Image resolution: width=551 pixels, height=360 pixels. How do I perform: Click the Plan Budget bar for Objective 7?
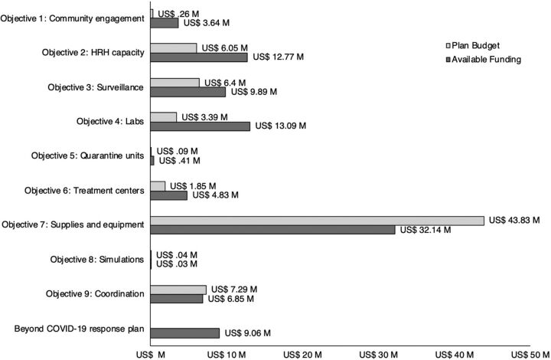click(x=317, y=220)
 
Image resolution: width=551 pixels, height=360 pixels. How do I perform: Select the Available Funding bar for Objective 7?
click(x=272, y=230)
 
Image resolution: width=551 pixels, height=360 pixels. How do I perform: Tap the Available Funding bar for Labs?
click(x=200, y=126)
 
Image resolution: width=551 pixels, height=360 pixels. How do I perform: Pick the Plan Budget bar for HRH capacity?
click(x=173, y=47)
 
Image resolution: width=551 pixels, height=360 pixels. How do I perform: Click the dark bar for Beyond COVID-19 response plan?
click(x=184, y=333)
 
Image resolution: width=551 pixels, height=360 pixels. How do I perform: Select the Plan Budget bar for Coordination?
click(x=178, y=290)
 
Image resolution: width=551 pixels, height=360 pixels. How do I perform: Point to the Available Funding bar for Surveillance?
click(x=187, y=92)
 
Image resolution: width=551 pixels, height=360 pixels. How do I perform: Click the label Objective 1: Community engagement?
click(x=72, y=18)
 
